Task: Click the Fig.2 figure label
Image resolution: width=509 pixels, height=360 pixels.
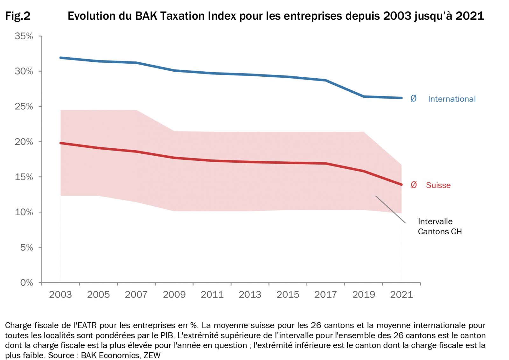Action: point(18,16)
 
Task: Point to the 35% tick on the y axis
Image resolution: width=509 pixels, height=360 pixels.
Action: point(24,36)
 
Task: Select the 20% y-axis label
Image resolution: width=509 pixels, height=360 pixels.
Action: point(24,142)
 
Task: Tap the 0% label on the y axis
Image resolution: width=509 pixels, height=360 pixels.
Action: point(26,283)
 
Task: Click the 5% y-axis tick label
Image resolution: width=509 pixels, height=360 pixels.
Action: point(26,248)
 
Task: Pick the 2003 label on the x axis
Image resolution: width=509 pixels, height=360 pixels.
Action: point(60,294)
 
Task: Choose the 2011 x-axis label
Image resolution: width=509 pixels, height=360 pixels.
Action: point(212,294)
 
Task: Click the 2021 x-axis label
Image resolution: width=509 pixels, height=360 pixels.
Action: point(401,294)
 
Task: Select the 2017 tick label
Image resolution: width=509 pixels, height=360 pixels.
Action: point(326,294)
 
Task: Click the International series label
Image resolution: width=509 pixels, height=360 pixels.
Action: point(452,99)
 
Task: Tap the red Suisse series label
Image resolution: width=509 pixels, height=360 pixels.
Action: point(438,185)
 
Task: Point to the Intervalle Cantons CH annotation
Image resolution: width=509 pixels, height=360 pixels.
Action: point(440,226)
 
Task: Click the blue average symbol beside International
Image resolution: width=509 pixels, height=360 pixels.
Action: point(414,98)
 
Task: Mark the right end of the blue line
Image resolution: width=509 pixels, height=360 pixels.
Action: point(401,98)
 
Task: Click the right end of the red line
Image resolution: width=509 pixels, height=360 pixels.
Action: point(401,185)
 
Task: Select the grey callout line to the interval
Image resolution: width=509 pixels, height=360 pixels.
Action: point(390,209)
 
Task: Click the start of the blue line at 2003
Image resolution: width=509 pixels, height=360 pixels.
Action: point(60,58)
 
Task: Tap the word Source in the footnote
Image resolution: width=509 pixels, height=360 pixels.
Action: point(61,355)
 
